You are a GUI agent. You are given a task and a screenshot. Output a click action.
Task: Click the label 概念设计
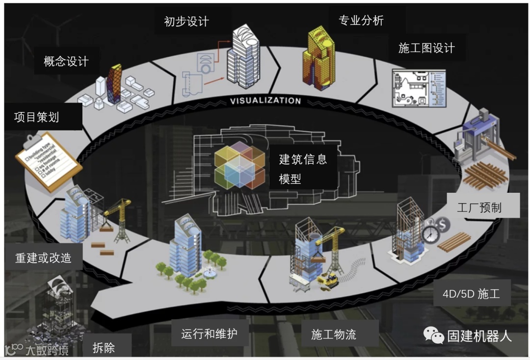pos(66,61)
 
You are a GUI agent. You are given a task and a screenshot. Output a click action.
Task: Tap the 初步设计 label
pos(186,22)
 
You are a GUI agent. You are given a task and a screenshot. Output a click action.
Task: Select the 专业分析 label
pos(361,21)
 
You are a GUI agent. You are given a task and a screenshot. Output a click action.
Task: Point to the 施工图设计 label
pos(426,48)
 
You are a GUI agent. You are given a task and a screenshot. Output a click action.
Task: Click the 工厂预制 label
pos(479,207)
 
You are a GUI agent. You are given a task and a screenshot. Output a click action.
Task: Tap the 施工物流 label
pos(334,335)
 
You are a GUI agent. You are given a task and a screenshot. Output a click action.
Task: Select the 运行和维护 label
pos(209,334)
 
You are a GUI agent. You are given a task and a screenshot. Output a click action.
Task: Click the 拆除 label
pos(104,348)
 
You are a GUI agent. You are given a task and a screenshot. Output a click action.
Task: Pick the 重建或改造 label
pos(43,258)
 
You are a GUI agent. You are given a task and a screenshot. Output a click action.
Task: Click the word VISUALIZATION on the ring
pos(265,101)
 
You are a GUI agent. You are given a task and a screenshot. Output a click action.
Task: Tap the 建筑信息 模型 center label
pos(303,169)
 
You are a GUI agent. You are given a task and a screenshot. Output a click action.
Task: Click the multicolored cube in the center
pos(239,165)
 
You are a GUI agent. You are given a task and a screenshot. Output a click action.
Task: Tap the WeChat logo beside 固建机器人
pos(434,335)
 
